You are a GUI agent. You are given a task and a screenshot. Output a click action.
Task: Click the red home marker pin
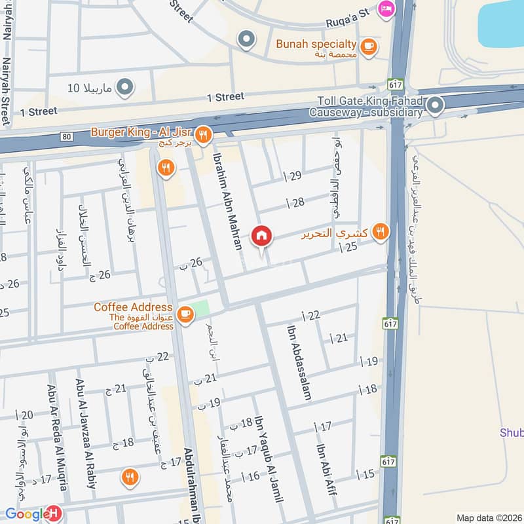(261, 236)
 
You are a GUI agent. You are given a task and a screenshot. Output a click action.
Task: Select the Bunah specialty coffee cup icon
(369, 45)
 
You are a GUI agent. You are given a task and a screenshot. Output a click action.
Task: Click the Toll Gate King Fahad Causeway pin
(435, 104)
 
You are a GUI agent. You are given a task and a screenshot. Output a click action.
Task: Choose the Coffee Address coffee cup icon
(185, 314)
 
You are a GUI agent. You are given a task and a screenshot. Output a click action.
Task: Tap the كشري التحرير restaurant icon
(379, 231)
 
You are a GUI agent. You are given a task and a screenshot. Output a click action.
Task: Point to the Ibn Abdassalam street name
(298, 362)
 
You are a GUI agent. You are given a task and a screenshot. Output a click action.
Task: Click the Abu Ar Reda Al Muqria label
(56, 438)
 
